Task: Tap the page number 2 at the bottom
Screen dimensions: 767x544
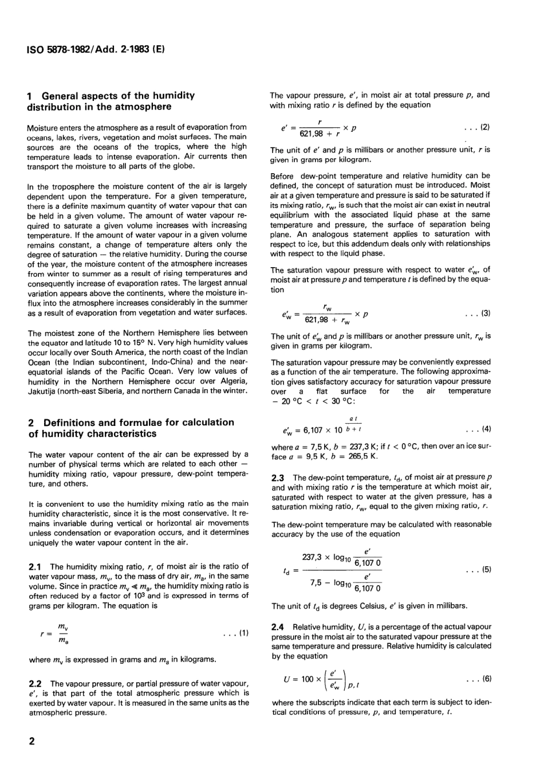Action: coord(32,741)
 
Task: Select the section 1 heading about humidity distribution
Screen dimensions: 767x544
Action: coord(111,101)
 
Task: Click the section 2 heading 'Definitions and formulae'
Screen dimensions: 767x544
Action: coord(131,428)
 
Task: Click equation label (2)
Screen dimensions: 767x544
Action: coord(478,126)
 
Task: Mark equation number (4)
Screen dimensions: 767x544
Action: coord(478,429)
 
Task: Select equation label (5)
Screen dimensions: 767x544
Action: coord(478,570)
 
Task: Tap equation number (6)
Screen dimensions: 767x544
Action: coord(478,679)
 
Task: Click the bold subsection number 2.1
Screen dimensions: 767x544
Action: coord(37,566)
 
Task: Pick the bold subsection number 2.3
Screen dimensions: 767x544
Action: coord(279,477)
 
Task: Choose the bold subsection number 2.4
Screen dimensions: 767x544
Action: coord(279,627)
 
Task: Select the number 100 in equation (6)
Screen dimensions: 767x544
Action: coord(308,679)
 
